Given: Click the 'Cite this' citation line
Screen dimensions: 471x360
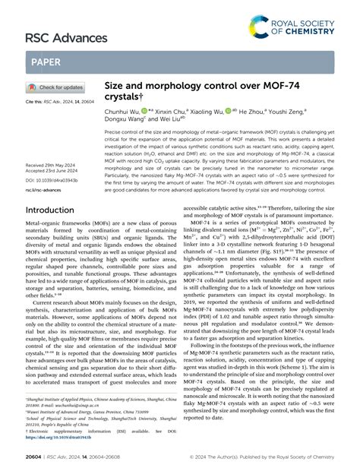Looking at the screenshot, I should tap(54, 101).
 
